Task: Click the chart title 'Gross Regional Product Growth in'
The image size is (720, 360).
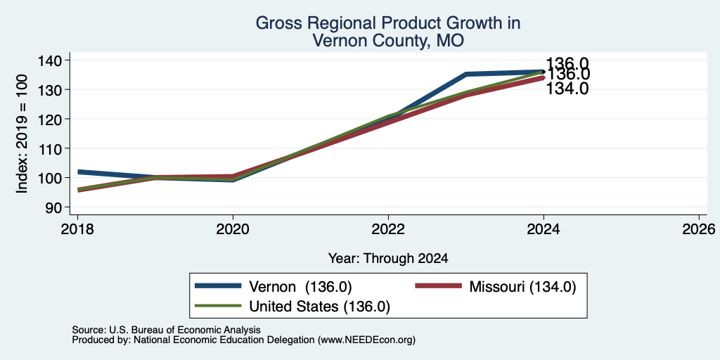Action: point(388,23)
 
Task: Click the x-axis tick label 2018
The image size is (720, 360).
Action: point(77,229)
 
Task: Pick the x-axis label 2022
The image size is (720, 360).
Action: point(388,229)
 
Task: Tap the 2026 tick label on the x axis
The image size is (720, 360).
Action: point(699,229)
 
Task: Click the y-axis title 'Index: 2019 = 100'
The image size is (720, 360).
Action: point(22,134)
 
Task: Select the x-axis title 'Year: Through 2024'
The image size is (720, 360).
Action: point(388,259)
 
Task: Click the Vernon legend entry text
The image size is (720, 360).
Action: point(300,287)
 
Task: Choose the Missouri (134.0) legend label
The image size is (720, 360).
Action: point(522,287)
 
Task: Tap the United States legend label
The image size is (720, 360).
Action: point(320,307)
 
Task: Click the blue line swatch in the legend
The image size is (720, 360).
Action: point(218,286)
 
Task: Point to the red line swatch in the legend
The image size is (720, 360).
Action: point(438,286)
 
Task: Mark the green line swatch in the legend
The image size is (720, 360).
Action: point(218,305)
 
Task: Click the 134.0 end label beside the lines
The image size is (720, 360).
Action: point(567,89)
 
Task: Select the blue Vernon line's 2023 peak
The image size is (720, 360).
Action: point(466,73)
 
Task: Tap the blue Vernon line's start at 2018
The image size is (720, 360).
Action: point(79,172)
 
